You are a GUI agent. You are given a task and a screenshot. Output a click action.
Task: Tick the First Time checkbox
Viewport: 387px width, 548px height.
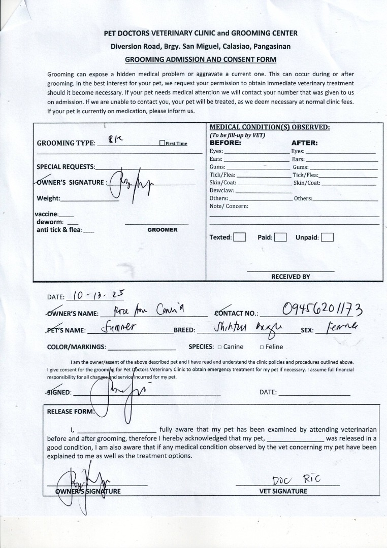(162, 143)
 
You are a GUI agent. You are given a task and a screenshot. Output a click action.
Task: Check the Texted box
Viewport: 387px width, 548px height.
(240, 237)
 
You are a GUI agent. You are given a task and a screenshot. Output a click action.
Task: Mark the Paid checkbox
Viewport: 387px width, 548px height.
(280, 237)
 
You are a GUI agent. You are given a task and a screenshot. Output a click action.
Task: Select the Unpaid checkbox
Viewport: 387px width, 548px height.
(327, 237)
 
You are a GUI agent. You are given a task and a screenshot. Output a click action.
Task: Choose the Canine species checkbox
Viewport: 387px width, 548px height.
(219, 347)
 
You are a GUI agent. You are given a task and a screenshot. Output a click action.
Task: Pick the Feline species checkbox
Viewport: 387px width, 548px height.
(262, 347)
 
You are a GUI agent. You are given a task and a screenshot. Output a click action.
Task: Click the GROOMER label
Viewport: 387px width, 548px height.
(163, 230)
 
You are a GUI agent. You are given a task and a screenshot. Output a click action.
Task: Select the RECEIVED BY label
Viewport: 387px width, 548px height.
(291, 277)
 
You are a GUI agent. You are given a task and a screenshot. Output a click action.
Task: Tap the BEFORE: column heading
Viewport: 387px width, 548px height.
(225, 143)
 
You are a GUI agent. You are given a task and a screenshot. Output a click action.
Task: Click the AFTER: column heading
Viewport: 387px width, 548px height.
(304, 143)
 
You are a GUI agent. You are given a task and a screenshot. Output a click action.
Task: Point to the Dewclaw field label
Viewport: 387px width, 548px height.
(221, 190)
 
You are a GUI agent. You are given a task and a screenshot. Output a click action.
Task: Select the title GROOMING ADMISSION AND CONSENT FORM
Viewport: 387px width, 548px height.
(201, 59)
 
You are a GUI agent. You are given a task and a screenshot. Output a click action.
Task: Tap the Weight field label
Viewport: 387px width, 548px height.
(48, 198)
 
